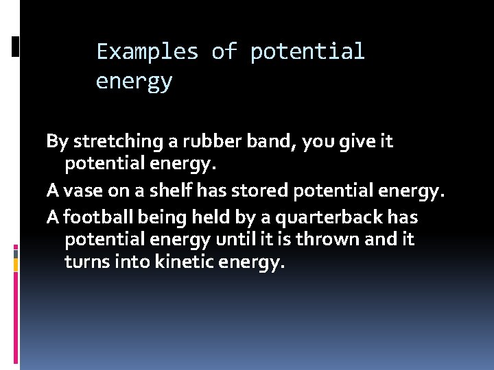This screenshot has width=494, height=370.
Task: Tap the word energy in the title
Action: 134,82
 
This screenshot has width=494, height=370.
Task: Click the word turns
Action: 84,262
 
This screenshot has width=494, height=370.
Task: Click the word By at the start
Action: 57,142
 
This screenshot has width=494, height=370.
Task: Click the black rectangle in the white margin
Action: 15,47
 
